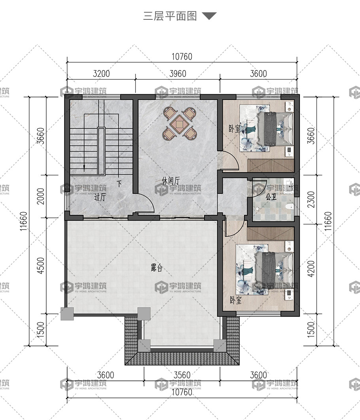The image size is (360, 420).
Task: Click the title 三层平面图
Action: tap(170, 16)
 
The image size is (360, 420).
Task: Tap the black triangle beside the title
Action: tap(209, 16)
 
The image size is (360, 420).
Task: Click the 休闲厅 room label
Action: tap(171, 181)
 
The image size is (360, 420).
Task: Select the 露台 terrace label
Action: tap(156, 268)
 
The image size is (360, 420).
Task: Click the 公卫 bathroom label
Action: tap(271, 197)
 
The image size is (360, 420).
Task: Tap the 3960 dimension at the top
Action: tap(178, 74)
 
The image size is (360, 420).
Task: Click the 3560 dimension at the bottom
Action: tap(182, 375)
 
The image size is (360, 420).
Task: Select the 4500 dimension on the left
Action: tap(40, 266)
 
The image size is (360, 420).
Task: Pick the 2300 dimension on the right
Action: tap(311, 199)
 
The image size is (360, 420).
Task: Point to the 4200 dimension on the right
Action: tap(311, 269)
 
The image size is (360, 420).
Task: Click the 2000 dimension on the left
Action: tap(40, 196)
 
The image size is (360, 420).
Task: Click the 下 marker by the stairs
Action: tap(119, 184)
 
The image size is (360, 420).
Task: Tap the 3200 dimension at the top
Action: tap(101, 74)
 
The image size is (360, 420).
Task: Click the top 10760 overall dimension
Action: tap(182, 57)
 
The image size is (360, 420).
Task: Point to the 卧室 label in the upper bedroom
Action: tap(235, 129)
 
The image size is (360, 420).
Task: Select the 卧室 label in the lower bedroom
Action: tap(235, 300)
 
